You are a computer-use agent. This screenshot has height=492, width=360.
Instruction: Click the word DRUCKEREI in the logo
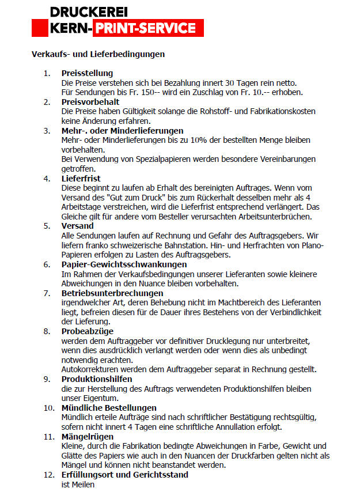click(88, 12)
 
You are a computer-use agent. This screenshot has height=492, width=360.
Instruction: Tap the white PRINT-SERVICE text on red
click(144, 28)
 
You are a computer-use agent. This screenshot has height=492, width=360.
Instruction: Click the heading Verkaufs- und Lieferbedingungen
click(98, 55)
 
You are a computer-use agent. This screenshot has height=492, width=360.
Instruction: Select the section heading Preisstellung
click(87, 73)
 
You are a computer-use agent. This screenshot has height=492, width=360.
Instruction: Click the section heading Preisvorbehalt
click(90, 102)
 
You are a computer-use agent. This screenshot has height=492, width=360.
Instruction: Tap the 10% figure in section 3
click(184, 140)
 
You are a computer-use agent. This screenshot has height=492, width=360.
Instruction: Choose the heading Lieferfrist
click(81, 179)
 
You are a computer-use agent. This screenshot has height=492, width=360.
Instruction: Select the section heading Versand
click(77, 226)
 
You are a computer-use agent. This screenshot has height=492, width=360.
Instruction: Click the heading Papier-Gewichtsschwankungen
click(124, 264)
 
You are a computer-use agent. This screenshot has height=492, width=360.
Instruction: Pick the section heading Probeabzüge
click(87, 331)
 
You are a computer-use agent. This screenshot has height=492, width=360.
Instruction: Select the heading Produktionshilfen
click(97, 379)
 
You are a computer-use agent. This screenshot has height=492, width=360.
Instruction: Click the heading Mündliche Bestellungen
click(109, 408)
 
